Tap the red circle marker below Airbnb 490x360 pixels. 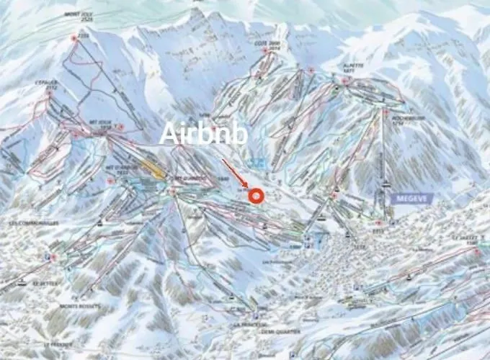[254, 195]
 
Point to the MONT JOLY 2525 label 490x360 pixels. [80, 17]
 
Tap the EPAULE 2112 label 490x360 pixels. [45, 86]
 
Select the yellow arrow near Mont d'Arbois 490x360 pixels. [152, 167]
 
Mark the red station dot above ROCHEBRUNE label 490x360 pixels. [386, 112]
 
